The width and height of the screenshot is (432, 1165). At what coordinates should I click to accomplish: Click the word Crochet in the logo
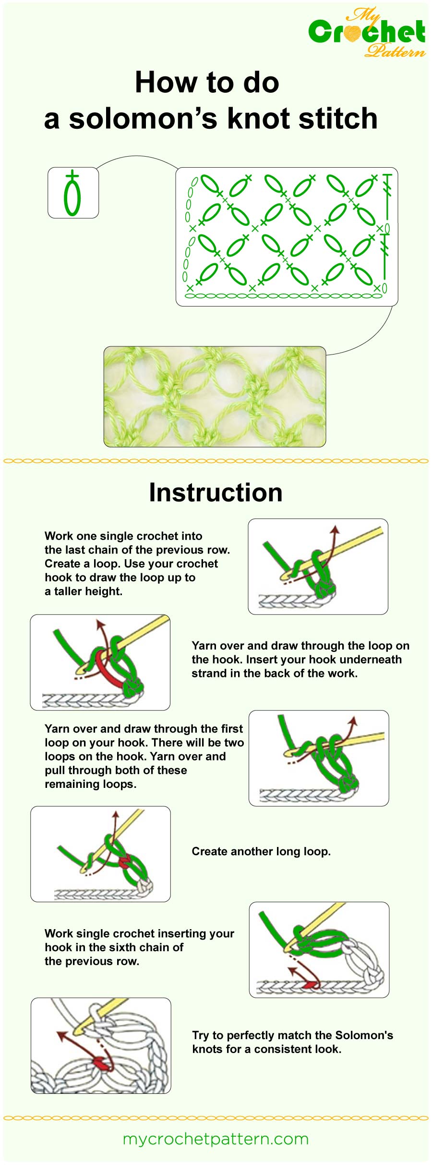click(x=367, y=32)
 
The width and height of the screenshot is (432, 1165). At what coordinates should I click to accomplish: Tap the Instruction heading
click(x=216, y=492)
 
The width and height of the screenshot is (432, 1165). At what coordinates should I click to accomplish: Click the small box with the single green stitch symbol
click(x=73, y=193)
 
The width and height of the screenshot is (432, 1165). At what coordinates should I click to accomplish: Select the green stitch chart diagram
click(x=287, y=236)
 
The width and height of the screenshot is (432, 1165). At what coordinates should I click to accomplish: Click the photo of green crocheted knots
click(x=215, y=396)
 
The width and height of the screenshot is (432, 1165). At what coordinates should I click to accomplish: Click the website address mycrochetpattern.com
click(x=216, y=1139)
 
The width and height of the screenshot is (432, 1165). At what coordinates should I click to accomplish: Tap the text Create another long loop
click(x=261, y=851)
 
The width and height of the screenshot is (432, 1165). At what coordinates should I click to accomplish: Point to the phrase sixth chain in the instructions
click(x=143, y=947)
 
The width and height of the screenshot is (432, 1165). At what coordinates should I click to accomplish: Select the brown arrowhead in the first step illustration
click(x=335, y=529)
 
